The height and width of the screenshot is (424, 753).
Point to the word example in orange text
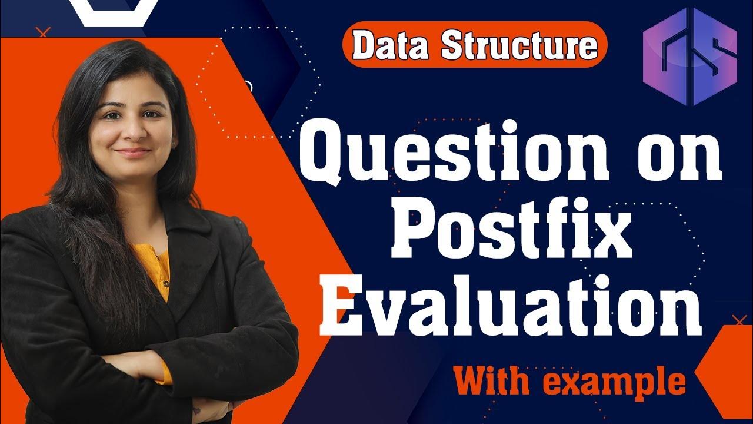[614, 382]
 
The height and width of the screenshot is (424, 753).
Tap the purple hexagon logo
[690, 57]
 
